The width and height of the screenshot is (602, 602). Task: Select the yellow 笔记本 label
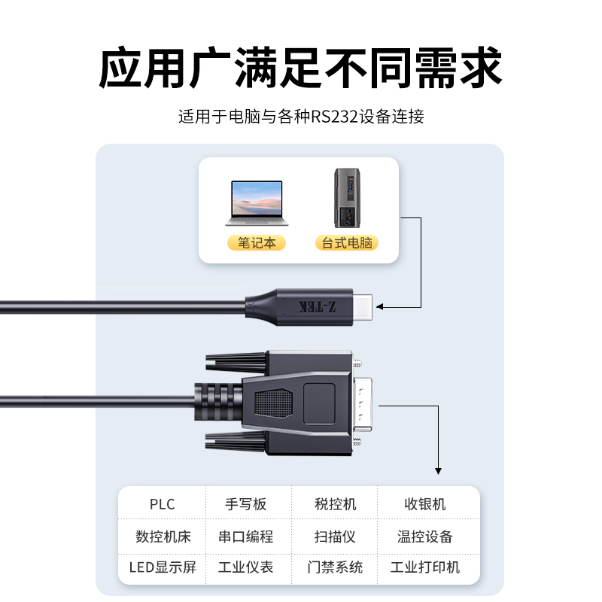256,243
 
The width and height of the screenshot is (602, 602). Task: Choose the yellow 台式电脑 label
347,243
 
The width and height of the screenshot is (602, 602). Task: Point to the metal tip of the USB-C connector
363,307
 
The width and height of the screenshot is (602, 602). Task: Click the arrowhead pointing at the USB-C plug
380,307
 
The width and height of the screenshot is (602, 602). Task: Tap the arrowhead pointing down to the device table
438,471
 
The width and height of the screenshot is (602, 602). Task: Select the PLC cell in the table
162,504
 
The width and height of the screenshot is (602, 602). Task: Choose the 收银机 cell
425,504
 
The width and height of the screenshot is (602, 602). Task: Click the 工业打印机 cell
425,567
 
